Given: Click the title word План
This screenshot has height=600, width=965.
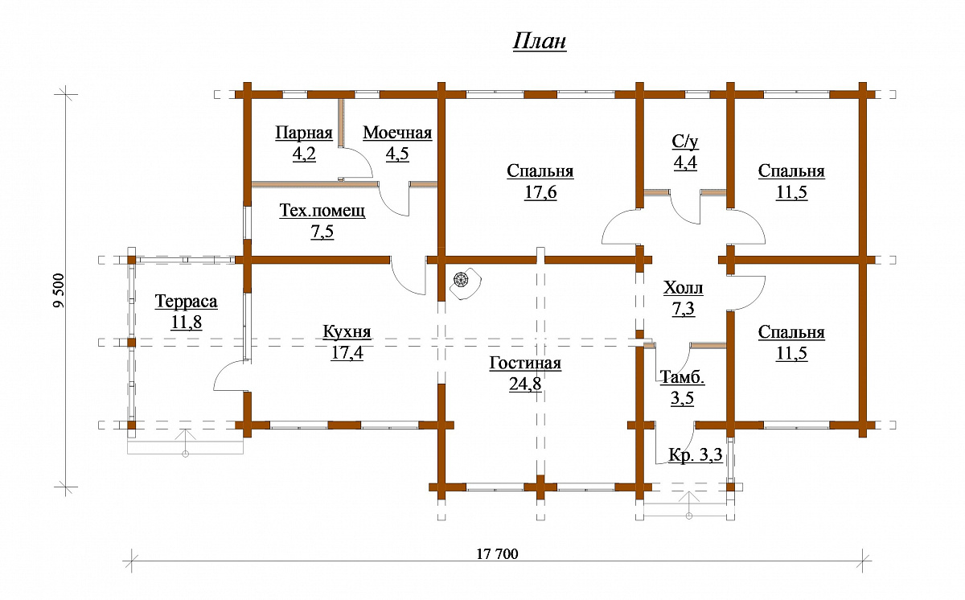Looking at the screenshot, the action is [540, 42].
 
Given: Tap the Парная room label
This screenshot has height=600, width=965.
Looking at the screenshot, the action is [304, 133].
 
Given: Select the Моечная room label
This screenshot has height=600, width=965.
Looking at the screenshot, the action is [397, 133].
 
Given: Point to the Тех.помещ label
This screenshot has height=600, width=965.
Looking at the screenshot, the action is [322, 211].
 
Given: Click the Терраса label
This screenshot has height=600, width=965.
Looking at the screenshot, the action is [186, 301].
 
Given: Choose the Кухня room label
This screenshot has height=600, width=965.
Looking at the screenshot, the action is [347, 331].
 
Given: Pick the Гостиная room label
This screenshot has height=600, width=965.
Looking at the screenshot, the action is [525, 363].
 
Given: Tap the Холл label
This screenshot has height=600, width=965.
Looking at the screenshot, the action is [684, 288].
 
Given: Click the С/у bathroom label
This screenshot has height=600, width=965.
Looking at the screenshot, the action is [685, 142].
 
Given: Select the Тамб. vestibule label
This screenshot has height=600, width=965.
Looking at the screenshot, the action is [683, 377].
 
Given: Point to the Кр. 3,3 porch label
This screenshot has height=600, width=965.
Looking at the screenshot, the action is [696, 454].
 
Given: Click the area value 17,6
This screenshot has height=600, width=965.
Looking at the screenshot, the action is [540, 192].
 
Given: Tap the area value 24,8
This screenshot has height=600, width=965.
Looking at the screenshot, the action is [525, 384].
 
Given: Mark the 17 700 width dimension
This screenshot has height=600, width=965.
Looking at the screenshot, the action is [497, 554].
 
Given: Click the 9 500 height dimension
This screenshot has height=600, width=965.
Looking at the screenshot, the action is [59, 290].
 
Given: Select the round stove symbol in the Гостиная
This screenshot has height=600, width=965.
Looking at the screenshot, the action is [461, 280].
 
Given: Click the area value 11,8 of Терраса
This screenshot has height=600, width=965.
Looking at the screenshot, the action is [186, 322].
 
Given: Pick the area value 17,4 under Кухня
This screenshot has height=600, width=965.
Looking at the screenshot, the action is [347, 352].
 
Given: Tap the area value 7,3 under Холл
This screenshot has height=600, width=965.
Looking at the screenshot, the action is [684, 308].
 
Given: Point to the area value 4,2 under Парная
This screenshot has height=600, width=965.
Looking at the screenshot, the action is [304, 154].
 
